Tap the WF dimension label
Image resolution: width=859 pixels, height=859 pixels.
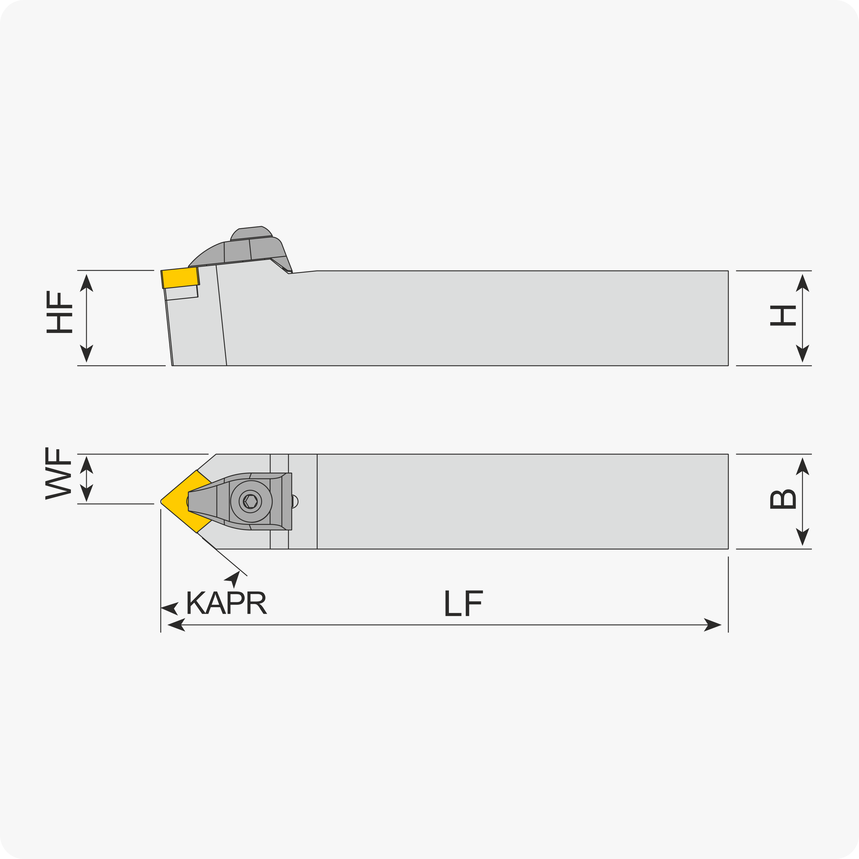[58, 473]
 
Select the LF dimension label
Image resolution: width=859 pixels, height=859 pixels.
[464, 603]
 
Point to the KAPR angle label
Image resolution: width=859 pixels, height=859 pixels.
[227, 603]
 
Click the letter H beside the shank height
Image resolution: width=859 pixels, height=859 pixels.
[783, 316]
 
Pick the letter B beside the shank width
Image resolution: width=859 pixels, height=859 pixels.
[783, 499]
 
